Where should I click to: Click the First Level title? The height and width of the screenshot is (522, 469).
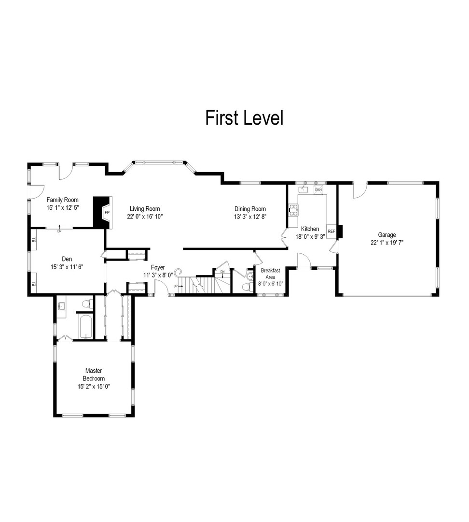click(x=244, y=118)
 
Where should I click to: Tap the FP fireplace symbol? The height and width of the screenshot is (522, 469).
click(x=107, y=213)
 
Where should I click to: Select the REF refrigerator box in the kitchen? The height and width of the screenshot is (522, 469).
click(x=331, y=232)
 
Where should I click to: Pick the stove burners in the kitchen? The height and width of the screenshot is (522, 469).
click(x=293, y=209)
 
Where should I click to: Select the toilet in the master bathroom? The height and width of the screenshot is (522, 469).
click(x=87, y=304)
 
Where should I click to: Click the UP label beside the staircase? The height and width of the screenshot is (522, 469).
click(x=176, y=286)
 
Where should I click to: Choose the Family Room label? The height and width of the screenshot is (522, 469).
click(x=62, y=200)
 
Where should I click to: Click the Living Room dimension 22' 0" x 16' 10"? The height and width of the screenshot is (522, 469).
click(x=145, y=217)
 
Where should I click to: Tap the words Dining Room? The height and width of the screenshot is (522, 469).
click(x=250, y=209)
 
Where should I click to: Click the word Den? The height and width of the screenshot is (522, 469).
click(x=67, y=259)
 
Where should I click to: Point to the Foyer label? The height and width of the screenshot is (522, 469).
click(x=158, y=267)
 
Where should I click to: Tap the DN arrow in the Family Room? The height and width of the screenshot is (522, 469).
click(x=59, y=228)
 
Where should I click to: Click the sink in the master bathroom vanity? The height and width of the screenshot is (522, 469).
click(x=61, y=306)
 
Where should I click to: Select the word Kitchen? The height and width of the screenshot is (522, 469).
click(x=310, y=229)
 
